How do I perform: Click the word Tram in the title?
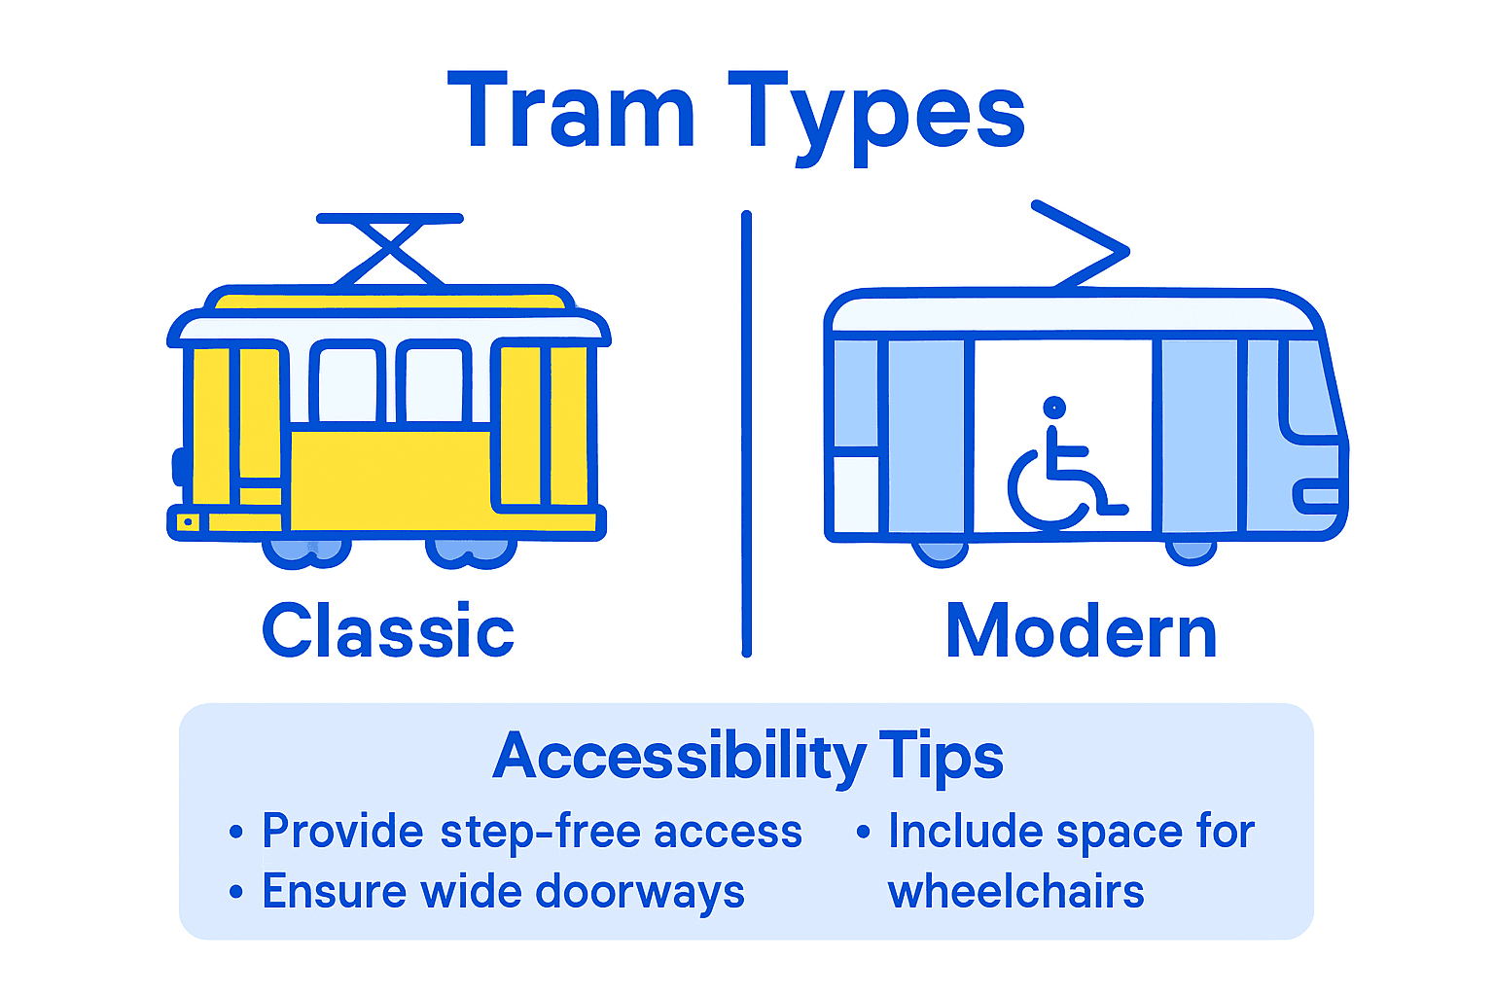(572, 112)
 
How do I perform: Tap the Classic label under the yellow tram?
(388, 630)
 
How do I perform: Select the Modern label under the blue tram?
(1081, 631)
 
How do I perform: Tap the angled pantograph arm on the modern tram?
(1085, 243)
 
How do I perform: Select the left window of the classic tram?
(346, 382)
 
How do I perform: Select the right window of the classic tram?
(434, 382)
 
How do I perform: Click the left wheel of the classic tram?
(305, 551)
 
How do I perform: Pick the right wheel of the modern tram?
(1191, 551)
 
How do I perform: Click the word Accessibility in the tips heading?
(679, 757)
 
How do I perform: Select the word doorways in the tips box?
(639, 892)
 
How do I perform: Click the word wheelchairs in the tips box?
(1015, 892)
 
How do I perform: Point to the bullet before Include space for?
(863, 832)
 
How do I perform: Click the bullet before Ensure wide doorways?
(235, 891)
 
